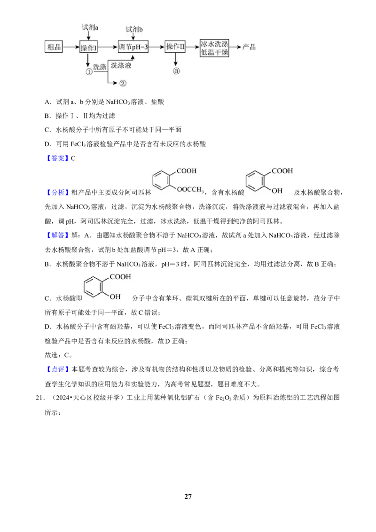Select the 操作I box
click(88, 47)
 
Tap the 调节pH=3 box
click(133, 47)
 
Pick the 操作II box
click(175, 47)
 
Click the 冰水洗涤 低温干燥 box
click(214, 47)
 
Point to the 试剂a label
click(90, 27)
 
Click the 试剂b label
click(134, 30)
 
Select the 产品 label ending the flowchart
click(249, 47)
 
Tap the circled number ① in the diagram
click(89, 71)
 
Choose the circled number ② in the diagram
click(123, 83)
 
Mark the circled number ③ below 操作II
click(176, 71)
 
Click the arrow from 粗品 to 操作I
click(71, 47)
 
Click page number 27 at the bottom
click(188, 496)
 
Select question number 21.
click(40, 398)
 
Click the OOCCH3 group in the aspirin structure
click(190, 190)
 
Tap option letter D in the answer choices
click(47, 144)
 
